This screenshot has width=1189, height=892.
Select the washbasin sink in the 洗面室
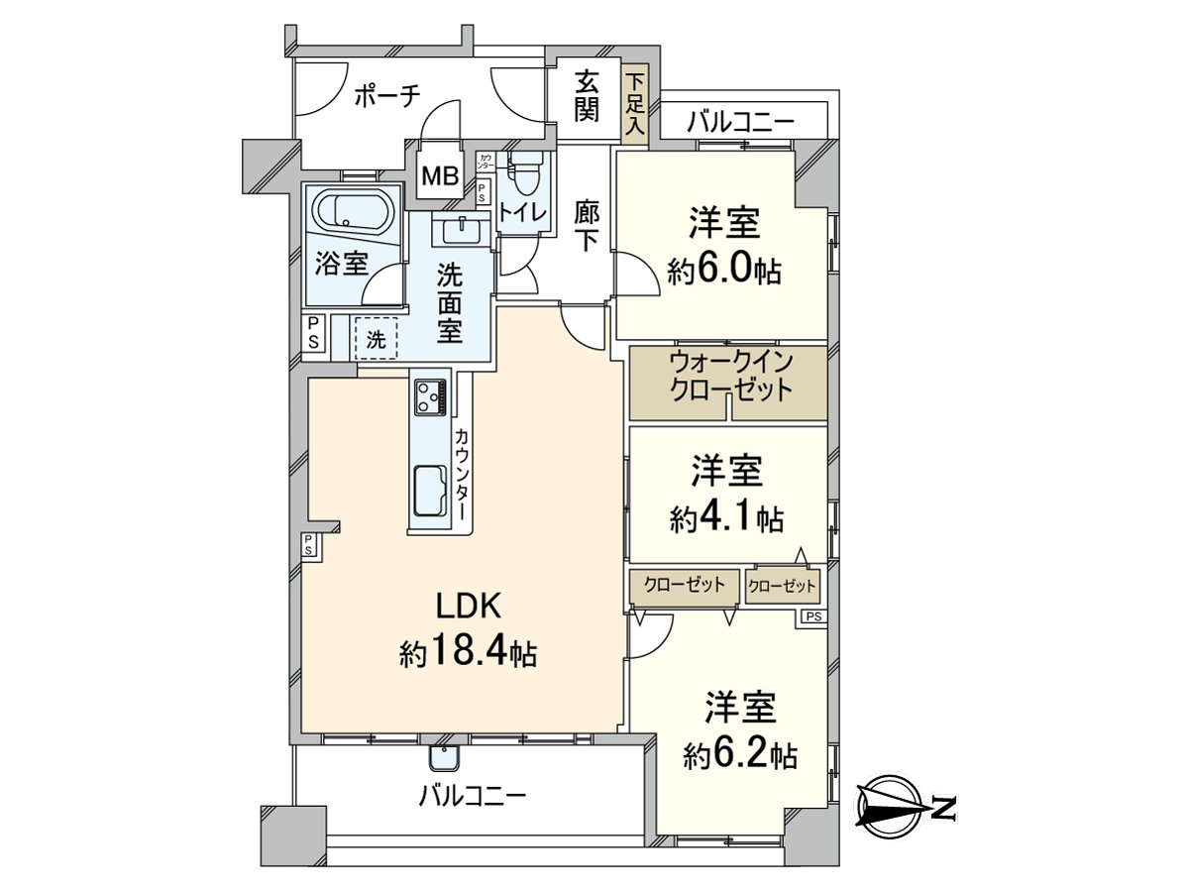(x=459, y=232)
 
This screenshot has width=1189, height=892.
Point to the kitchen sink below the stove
(x=430, y=489)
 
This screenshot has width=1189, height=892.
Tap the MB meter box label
(x=440, y=177)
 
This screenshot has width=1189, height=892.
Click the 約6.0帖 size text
(x=724, y=271)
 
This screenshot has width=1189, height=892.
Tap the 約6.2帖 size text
(x=739, y=755)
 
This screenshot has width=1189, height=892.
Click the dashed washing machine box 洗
(x=376, y=337)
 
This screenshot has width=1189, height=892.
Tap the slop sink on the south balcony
(x=442, y=757)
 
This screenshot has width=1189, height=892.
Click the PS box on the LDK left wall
(x=309, y=544)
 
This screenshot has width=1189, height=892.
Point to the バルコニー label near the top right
(x=740, y=123)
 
